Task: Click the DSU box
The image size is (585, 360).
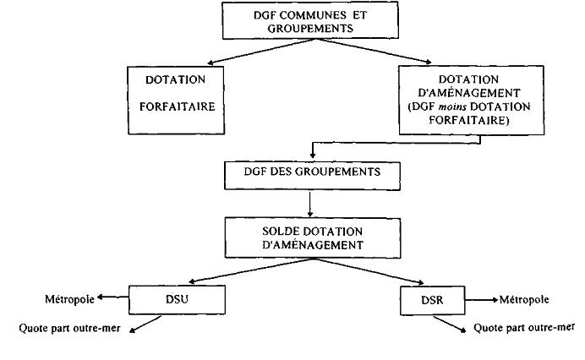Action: (x=178, y=298)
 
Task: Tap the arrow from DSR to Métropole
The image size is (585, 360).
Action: (x=479, y=298)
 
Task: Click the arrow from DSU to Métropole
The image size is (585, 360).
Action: (x=112, y=297)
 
